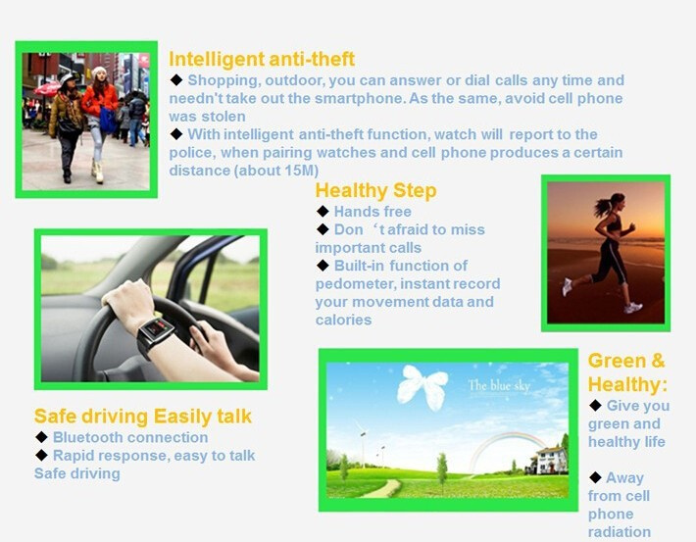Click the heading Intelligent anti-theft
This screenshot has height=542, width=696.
(262, 59)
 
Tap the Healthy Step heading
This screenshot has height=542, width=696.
(375, 191)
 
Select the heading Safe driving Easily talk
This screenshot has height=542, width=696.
(142, 417)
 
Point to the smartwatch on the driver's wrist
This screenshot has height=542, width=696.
(154, 334)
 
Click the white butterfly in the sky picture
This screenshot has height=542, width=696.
(423, 386)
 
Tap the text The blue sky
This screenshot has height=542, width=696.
(499, 385)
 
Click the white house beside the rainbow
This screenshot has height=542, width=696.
(550, 461)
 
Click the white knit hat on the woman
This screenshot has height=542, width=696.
(99, 71)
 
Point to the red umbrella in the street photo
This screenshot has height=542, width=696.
(47, 87)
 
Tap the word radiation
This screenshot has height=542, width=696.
(620, 532)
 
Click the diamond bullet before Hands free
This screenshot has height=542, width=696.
(323, 212)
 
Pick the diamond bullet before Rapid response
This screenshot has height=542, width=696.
(41, 455)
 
